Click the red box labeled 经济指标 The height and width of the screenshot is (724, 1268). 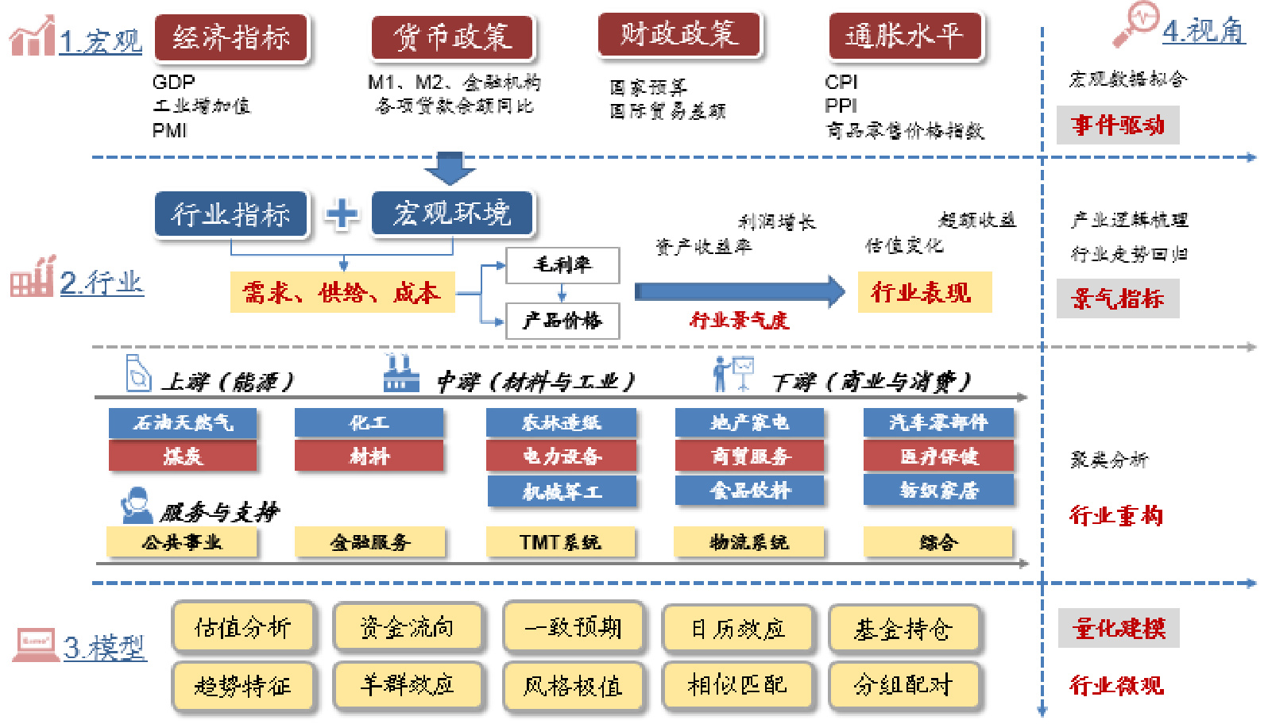tap(230, 38)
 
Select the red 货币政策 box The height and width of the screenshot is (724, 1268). tap(452, 38)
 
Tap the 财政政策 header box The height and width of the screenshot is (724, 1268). tap(678, 35)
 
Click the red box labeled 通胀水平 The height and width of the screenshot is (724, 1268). tap(904, 37)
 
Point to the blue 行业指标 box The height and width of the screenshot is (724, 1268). tap(230, 214)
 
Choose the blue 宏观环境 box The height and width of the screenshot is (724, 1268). tap(452, 214)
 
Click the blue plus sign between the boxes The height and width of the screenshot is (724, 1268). tap(342, 214)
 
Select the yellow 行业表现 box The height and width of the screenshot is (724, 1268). tap(924, 292)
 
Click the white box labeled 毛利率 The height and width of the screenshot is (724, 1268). tap(562, 264)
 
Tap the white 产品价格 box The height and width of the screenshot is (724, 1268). tap(562, 321)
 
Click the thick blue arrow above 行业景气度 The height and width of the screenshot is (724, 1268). tap(739, 291)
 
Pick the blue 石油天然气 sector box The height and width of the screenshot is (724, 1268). tap(183, 422)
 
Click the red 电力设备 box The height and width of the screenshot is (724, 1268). tap(562, 456)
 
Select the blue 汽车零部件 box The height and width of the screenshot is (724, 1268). tap(938, 422)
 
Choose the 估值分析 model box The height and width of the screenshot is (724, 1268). tap(243, 628)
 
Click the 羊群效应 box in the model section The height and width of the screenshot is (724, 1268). tap(408, 684)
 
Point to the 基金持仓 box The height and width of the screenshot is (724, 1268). tap(903, 629)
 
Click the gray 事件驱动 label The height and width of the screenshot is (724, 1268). tap(1117, 125)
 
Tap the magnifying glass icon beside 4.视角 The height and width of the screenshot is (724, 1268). tap(1135, 24)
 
